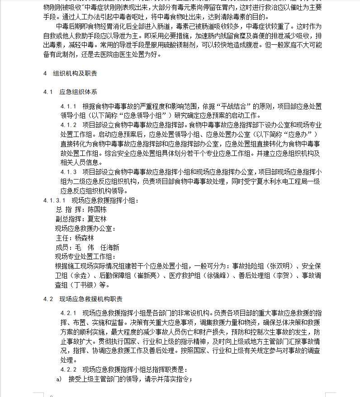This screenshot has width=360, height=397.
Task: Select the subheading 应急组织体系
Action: coord(78,92)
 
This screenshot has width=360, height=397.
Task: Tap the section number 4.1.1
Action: coord(69,107)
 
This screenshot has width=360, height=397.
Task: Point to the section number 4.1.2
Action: coord(69,124)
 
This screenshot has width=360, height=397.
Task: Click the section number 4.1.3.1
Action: coord(55,200)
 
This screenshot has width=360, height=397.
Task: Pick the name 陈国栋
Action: coord(97,210)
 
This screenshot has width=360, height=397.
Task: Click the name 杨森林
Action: coord(84,238)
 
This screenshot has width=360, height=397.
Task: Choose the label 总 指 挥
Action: coord(66,210)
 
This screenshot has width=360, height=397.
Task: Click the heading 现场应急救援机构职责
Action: coord(90,299)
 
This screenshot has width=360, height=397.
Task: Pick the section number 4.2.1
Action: coord(69,313)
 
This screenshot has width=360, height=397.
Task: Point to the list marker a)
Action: coord(58,379)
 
